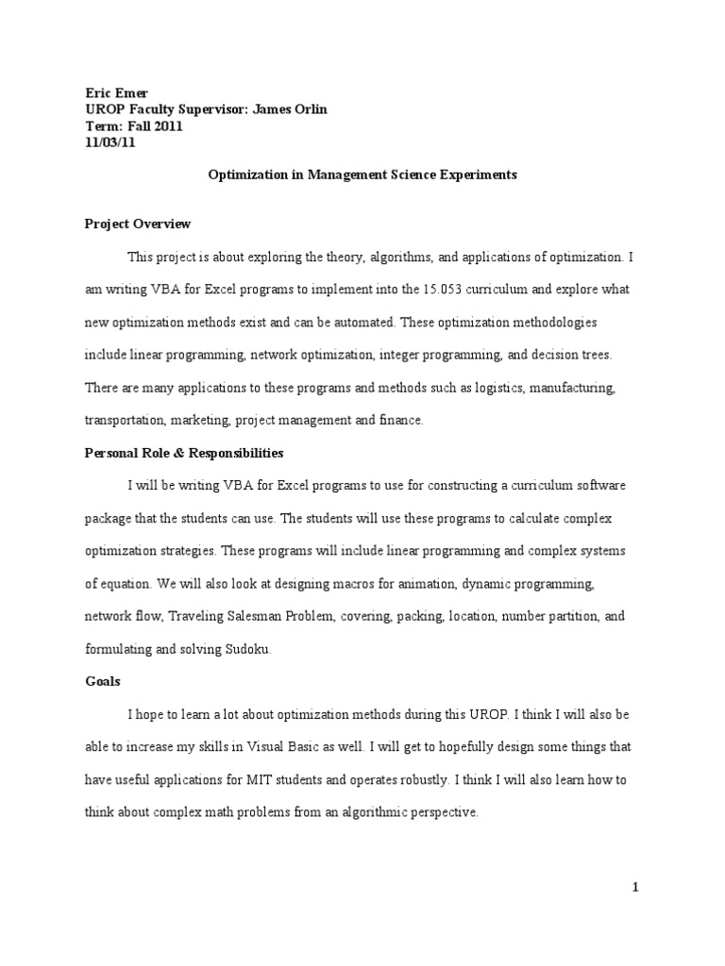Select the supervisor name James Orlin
[x=294, y=109]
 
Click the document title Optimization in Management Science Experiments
[x=362, y=175]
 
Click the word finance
[x=400, y=421]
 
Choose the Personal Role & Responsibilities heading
[x=183, y=453]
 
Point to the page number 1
[x=636, y=887]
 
